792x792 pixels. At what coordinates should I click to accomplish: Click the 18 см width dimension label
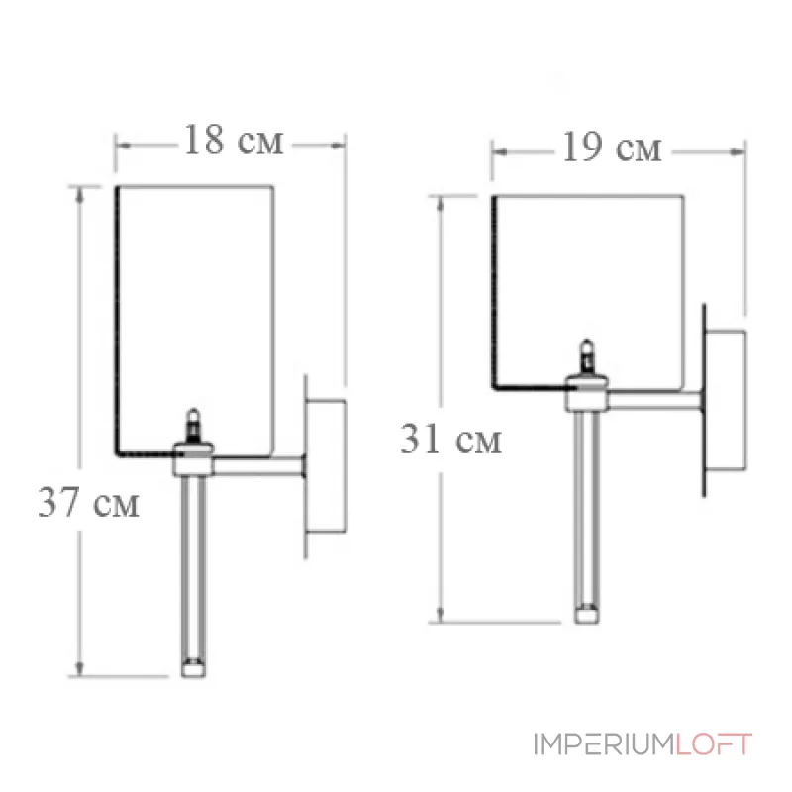pyautogui.click(x=233, y=142)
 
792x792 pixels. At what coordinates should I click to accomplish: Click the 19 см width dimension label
pyautogui.click(x=612, y=148)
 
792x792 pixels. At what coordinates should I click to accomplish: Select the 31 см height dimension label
pyautogui.click(x=450, y=439)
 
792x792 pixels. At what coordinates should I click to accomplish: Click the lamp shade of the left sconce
pyautogui.click(x=193, y=317)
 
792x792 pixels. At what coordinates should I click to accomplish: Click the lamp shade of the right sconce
pyautogui.click(x=589, y=287)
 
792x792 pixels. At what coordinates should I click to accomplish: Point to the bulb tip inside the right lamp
pyautogui.click(x=587, y=349)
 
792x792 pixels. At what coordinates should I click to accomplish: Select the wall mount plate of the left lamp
pyautogui.click(x=325, y=465)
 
